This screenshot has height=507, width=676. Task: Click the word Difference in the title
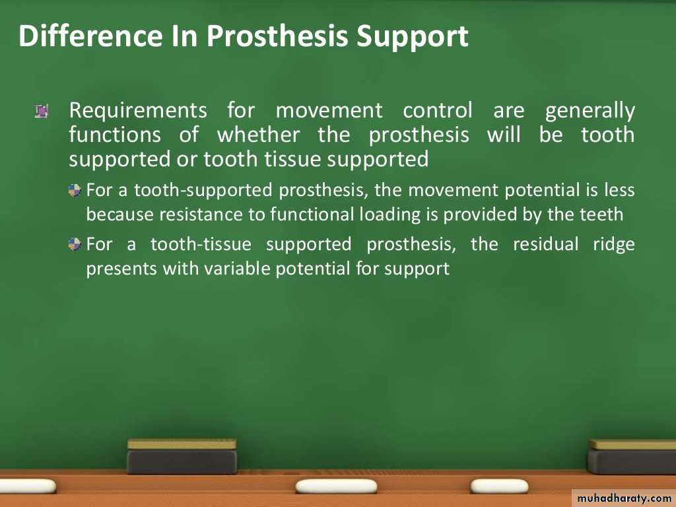click(90, 36)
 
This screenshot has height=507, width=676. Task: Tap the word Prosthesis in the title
click(277, 37)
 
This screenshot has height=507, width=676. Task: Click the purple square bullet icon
click(42, 111)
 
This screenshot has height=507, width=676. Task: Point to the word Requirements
click(138, 111)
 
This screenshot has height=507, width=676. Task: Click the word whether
click(258, 135)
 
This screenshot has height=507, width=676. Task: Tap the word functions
click(115, 135)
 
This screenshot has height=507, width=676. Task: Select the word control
click(438, 110)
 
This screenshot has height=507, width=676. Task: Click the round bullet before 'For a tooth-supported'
click(75, 190)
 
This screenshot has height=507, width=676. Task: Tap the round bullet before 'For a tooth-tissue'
click(75, 244)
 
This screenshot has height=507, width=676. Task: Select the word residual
click(545, 244)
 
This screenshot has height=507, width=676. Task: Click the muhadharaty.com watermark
click(624, 498)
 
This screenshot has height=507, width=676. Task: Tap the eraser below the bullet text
click(182, 456)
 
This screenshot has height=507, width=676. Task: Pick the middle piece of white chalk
click(336, 487)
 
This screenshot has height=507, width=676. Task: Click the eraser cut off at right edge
click(632, 457)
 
